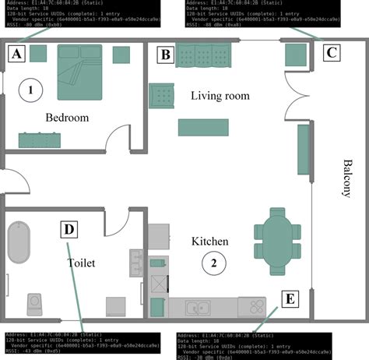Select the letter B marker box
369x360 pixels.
click(165, 55)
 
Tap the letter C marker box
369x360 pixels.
click(331, 53)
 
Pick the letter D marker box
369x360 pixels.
click(70, 230)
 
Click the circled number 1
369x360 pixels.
click(30, 90)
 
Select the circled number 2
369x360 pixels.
click(211, 263)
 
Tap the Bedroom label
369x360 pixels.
click(67, 118)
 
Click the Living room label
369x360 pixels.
click(220, 96)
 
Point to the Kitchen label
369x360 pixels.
click(210, 242)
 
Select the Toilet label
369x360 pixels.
click(81, 263)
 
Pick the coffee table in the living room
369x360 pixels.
click(203, 127)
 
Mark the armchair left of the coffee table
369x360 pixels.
click(163, 96)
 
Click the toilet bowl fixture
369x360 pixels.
click(35, 302)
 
